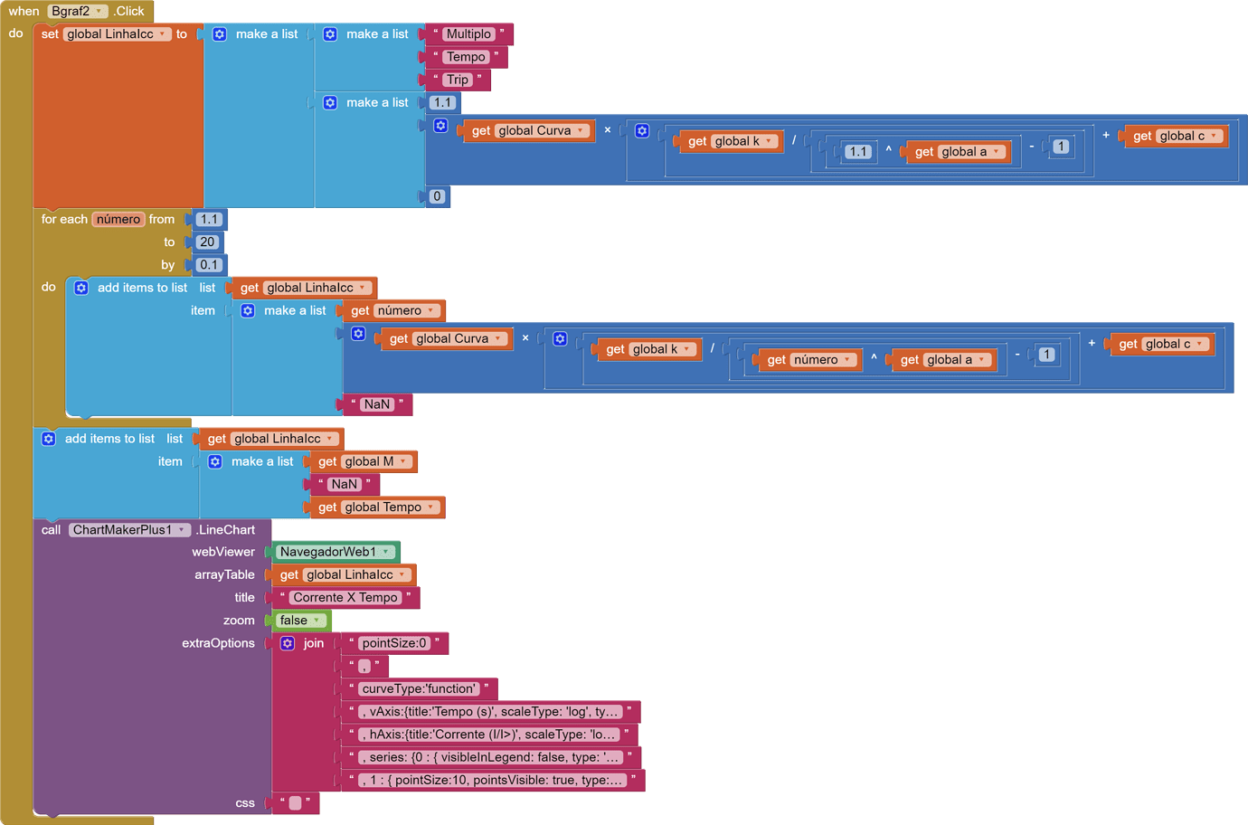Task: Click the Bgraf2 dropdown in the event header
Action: coord(77,11)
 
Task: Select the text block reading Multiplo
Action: coord(468,34)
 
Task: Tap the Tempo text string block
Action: coord(466,57)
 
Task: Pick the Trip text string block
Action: coord(458,80)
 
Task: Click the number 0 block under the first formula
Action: coord(437,196)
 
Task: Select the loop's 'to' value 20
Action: coord(207,242)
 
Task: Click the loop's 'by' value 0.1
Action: coord(209,265)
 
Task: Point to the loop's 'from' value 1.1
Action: coord(209,219)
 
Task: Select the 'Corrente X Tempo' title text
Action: coord(345,598)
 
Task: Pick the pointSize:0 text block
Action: coord(394,643)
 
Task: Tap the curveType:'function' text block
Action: coord(419,689)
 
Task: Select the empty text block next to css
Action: coord(295,803)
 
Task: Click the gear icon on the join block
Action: coord(288,643)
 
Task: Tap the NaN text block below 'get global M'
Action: coord(344,485)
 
